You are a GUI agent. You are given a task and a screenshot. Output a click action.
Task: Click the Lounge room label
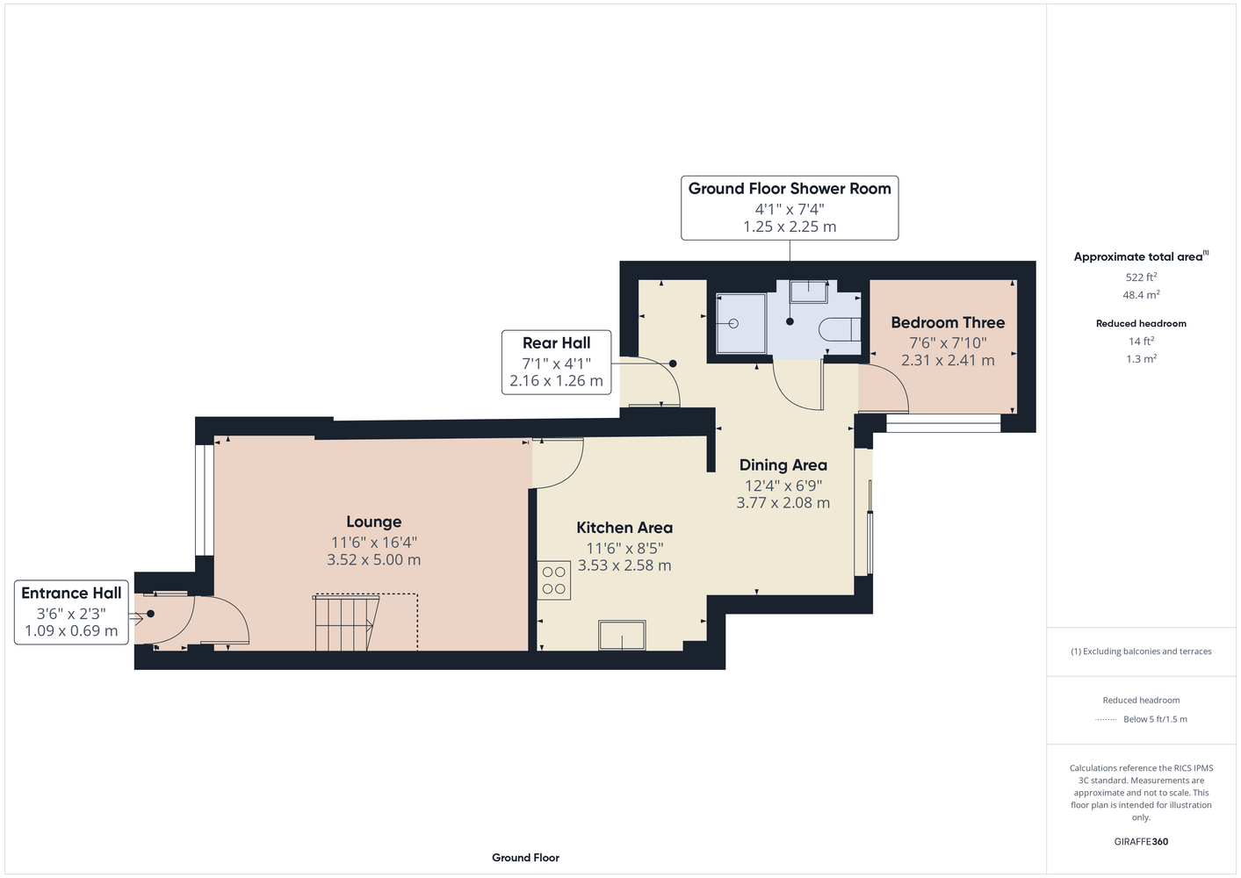(374, 522)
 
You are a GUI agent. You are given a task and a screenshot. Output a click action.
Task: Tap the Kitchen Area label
(624, 528)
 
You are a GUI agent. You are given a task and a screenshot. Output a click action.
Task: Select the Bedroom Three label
(948, 322)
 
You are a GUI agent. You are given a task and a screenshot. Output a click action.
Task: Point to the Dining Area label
(783, 465)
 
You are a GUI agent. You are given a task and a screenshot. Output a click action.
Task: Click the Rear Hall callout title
(556, 343)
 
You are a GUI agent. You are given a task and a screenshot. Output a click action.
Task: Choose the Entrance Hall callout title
(71, 594)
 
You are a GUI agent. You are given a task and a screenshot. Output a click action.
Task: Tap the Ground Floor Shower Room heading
(790, 189)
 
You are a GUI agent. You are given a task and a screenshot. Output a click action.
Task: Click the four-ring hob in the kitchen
(553, 580)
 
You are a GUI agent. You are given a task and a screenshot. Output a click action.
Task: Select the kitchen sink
(622, 635)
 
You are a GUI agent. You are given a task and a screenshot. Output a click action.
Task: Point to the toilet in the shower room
(840, 329)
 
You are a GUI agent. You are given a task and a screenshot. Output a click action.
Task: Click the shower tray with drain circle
(741, 324)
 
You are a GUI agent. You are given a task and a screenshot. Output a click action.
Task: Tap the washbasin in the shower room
(809, 291)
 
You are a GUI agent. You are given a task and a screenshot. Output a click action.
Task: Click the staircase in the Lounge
(347, 623)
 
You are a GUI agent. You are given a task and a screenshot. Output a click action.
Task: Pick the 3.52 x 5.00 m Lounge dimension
(374, 559)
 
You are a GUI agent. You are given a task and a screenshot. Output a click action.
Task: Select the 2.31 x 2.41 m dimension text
(948, 360)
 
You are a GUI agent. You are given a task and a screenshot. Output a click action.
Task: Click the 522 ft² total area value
(1141, 277)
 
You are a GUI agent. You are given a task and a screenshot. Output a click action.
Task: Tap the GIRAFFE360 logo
(1141, 841)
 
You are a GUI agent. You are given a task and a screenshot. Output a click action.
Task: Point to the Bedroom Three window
(943, 423)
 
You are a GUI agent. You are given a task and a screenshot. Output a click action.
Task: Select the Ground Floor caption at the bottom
(525, 858)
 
